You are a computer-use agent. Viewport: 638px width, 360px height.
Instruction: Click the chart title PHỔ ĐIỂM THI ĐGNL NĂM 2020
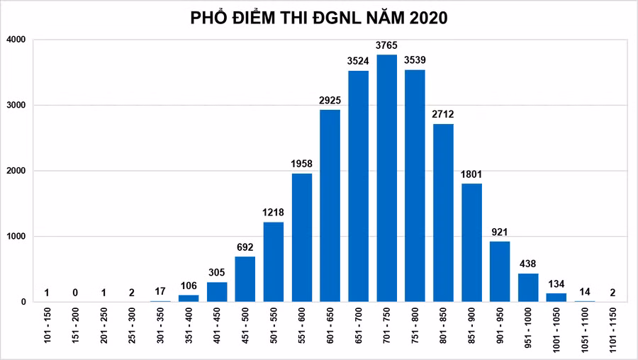click(319, 18)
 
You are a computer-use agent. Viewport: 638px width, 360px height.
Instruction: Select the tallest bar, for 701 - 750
click(386, 178)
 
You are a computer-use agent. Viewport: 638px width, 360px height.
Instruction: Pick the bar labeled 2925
click(330, 206)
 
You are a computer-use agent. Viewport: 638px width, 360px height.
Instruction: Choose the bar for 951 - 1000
click(528, 288)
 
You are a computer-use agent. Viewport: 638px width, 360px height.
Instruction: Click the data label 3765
click(386, 46)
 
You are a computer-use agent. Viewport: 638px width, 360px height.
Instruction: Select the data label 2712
click(443, 115)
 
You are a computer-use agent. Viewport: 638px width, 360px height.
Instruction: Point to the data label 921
click(500, 232)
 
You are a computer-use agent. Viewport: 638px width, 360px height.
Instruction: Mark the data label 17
click(160, 292)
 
